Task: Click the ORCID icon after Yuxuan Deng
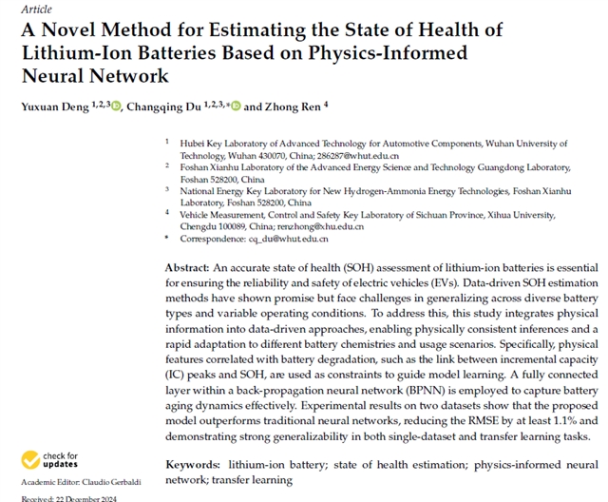[116, 106]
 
